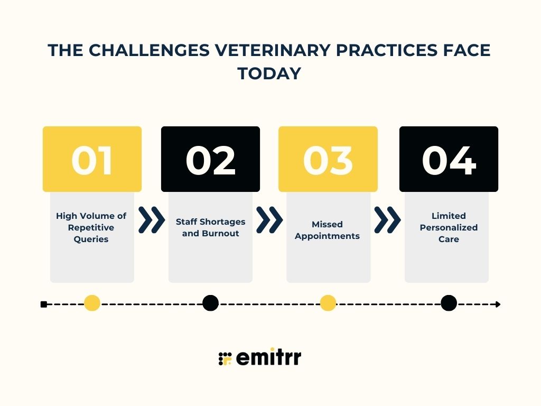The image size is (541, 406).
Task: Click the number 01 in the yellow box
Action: [x=92, y=160]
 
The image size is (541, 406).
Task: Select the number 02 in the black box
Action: [x=210, y=160]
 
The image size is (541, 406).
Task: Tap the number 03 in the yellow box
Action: [x=328, y=160]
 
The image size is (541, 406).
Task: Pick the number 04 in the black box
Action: [x=449, y=160]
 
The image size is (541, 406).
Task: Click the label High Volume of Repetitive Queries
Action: [x=91, y=227]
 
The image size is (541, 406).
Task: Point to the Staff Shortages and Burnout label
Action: [x=210, y=227]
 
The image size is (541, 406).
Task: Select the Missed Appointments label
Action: [x=327, y=230]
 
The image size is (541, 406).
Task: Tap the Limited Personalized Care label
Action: [x=449, y=227]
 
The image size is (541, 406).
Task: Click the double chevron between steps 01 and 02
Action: [x=151, y=220]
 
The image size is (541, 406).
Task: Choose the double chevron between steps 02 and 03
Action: [x=269, y=220]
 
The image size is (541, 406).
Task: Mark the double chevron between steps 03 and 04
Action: [x=387, y=220]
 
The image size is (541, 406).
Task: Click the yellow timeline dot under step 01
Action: [x=92, y=303]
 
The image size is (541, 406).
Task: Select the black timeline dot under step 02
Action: [x=210, y=303]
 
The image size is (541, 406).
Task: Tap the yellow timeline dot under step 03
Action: [x=328, y=303]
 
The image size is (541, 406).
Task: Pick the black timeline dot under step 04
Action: [x=449, y=303]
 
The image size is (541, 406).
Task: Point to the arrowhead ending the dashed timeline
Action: [x=498, y=304]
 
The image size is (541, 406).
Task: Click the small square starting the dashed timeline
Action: [x=44, y=304]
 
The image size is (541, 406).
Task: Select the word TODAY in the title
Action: [x=269, y=73]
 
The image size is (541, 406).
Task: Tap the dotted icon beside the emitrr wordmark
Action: [x=226, y=358]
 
